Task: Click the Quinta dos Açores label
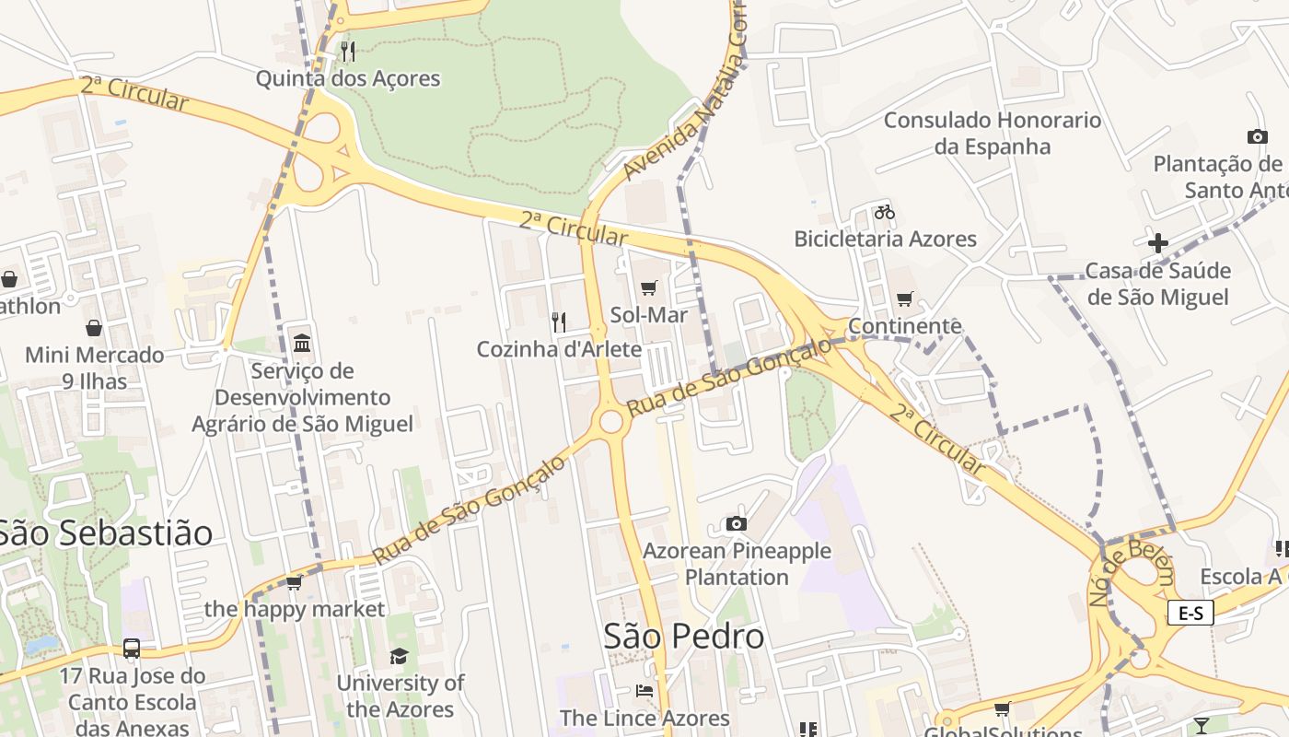(x=347, y=78)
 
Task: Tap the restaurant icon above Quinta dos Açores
(x=347, y=51)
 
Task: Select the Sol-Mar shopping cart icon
(x=648, y=288)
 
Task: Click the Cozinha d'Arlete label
(x=559, y=349)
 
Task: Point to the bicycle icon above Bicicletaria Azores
(x=885, y=212)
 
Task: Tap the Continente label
(x=904, y=326)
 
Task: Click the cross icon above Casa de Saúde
(x=1158, y=243)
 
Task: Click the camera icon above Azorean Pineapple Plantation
(x=736, y=524)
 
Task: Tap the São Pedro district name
(x=683, y=636)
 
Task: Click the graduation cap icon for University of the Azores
(x=399, y=656)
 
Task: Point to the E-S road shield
(x=1190, y=613)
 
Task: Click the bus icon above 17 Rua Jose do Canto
(x=132, y=648)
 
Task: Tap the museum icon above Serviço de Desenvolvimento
(x=302, y=344)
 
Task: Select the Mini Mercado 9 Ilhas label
(x=94, y=367)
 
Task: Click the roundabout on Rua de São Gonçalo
(x=610, y=422)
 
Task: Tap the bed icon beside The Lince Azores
(x=644, y=691)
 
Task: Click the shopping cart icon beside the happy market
(x=294, y=582)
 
